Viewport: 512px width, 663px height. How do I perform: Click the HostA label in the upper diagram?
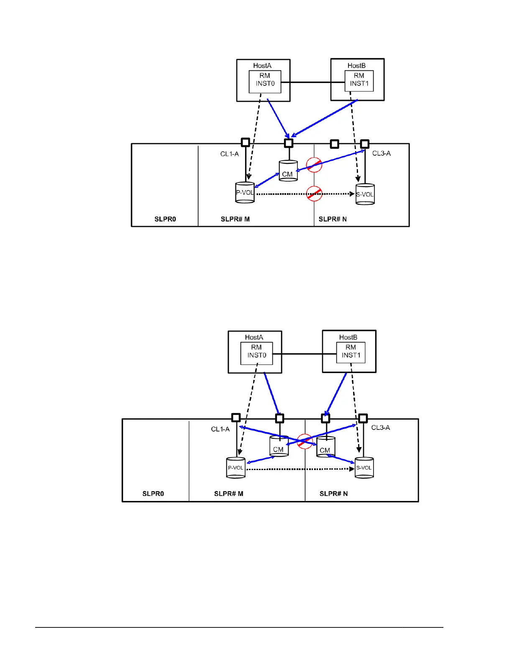262,66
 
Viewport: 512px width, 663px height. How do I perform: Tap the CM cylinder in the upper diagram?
288,171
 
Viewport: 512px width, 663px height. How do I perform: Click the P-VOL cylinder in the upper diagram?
245,193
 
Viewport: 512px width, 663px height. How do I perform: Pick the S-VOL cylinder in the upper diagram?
365,194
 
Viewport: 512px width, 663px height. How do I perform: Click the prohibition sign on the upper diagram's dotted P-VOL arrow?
314,193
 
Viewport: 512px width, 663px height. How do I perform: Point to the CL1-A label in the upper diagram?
229,154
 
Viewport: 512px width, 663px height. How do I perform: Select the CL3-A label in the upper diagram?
381,154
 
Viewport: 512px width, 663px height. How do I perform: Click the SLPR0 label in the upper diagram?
165,219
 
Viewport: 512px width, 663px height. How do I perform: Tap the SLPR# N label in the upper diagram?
333,219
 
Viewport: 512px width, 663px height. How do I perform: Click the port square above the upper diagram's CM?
288,143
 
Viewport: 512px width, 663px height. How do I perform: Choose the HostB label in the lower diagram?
348,337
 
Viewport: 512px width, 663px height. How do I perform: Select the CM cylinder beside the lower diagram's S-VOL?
325,447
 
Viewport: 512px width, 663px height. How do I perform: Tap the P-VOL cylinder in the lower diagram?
236,468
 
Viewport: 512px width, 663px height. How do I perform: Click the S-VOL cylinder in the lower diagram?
364,468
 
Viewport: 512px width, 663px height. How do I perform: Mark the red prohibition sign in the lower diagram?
305,441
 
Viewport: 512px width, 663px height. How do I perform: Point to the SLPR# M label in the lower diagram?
228,493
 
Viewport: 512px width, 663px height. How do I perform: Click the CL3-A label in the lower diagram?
381,428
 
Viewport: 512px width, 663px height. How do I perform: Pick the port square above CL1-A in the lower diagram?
236,418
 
